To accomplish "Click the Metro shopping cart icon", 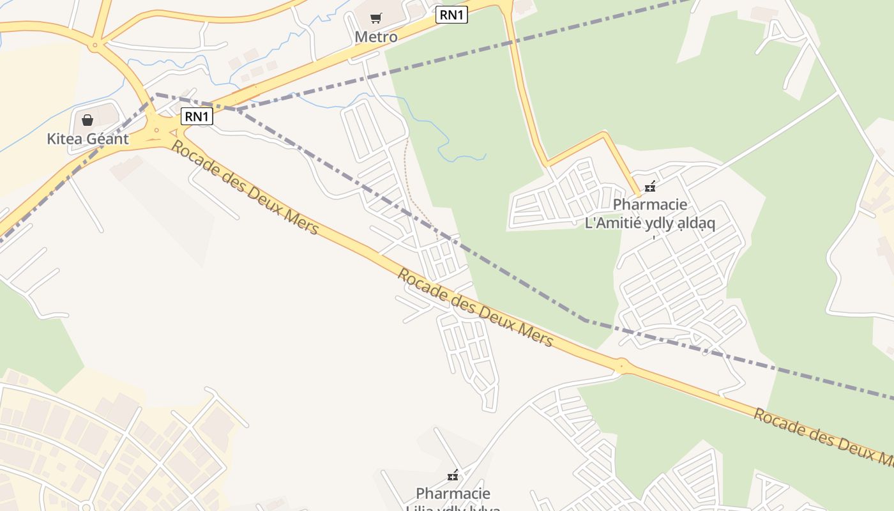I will click(x=376, y=18).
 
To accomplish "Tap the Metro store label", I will click(x=376, y=37).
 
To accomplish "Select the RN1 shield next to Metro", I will click(x=451, y=15).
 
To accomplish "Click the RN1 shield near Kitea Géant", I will click(x=197, y=116).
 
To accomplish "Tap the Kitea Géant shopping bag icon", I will click(x=87, y=120).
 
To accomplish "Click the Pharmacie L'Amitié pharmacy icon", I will click(x=650, y=187).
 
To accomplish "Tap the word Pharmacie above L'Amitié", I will click(x=650, y=205).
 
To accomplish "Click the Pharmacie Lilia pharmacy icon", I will click(x=453, y=475).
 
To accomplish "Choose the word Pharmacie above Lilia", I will click(x=453, y=494).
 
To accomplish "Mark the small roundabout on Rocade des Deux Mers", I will click(x=621, y=366).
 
